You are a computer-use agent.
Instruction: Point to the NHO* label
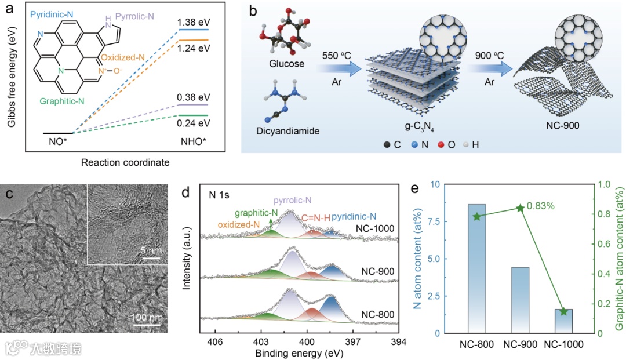tap(194, 140)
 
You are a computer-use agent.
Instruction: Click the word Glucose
tap(287, 64)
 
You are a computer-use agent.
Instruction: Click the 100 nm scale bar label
tap(146, 318)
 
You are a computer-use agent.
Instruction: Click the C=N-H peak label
tap(316, 218)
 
